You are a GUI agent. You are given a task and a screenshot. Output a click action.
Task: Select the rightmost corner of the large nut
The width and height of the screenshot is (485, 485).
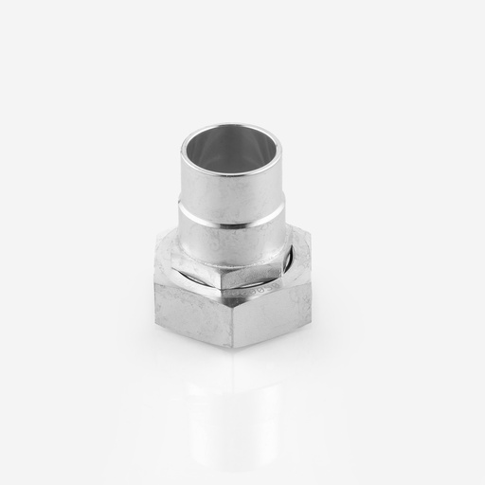tap(312, 280)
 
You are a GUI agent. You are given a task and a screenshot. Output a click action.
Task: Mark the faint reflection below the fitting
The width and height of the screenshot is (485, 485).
tap(231, 398)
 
